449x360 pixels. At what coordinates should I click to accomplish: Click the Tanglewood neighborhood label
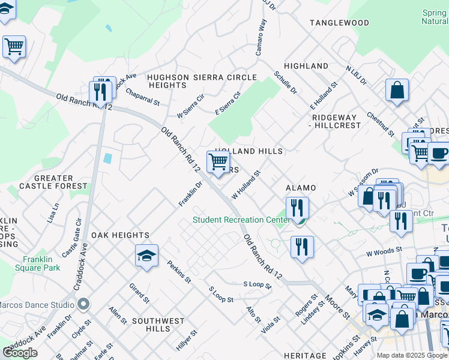click(339, 23)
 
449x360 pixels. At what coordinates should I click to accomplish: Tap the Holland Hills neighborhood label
click(249, 152)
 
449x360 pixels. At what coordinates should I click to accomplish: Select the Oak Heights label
click(120, 235)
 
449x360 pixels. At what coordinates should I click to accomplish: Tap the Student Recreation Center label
click(241, 220)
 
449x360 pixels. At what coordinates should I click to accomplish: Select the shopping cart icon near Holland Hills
click(218, 161)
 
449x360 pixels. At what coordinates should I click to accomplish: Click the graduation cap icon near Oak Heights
click(146, 256)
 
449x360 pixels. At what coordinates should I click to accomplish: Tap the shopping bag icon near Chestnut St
click(397, 90)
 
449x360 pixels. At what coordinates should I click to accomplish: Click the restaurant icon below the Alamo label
click(297, 208)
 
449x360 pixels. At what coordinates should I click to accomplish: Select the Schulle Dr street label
click(285, 82)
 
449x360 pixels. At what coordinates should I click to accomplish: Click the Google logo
click(20, 353)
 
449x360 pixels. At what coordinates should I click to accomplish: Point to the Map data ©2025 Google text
click(412, 355)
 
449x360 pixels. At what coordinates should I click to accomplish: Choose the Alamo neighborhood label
click(300, 188)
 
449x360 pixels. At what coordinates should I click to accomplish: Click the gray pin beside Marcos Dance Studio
click(83, 304)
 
